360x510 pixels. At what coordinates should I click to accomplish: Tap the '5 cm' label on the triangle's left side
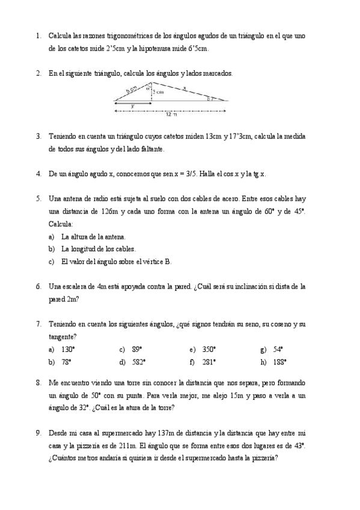tap(131, 90)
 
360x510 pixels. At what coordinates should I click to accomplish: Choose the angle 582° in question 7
tap(138, 361)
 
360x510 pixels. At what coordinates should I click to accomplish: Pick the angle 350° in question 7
tap(209, 349)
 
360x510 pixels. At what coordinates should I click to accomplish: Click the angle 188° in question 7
tap(279, 361)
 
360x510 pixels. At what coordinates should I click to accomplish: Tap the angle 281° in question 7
tap(209, 361)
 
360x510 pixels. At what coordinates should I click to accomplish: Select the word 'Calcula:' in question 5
tap(61, 224)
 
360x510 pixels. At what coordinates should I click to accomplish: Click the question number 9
tap(38, 432)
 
